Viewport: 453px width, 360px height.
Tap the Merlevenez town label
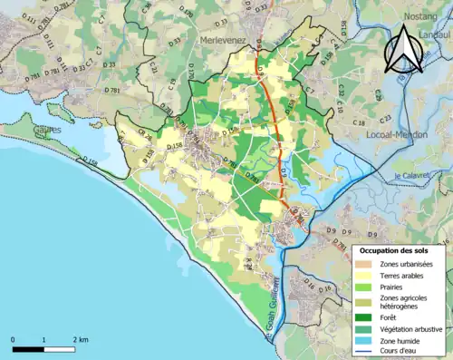coord(222,41)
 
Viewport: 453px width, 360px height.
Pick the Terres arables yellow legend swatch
coord(363,275)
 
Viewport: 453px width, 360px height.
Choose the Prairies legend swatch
coord(363,287)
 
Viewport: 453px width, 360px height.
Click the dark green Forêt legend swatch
coord(363,317)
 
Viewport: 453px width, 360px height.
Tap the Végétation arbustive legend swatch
coord(363,328)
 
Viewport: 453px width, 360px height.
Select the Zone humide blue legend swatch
coord(363,340)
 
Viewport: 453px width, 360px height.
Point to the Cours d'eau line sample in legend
coord(363,352)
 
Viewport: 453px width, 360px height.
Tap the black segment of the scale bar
coord(28,347)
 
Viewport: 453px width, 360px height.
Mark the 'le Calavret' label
coord(410,176)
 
